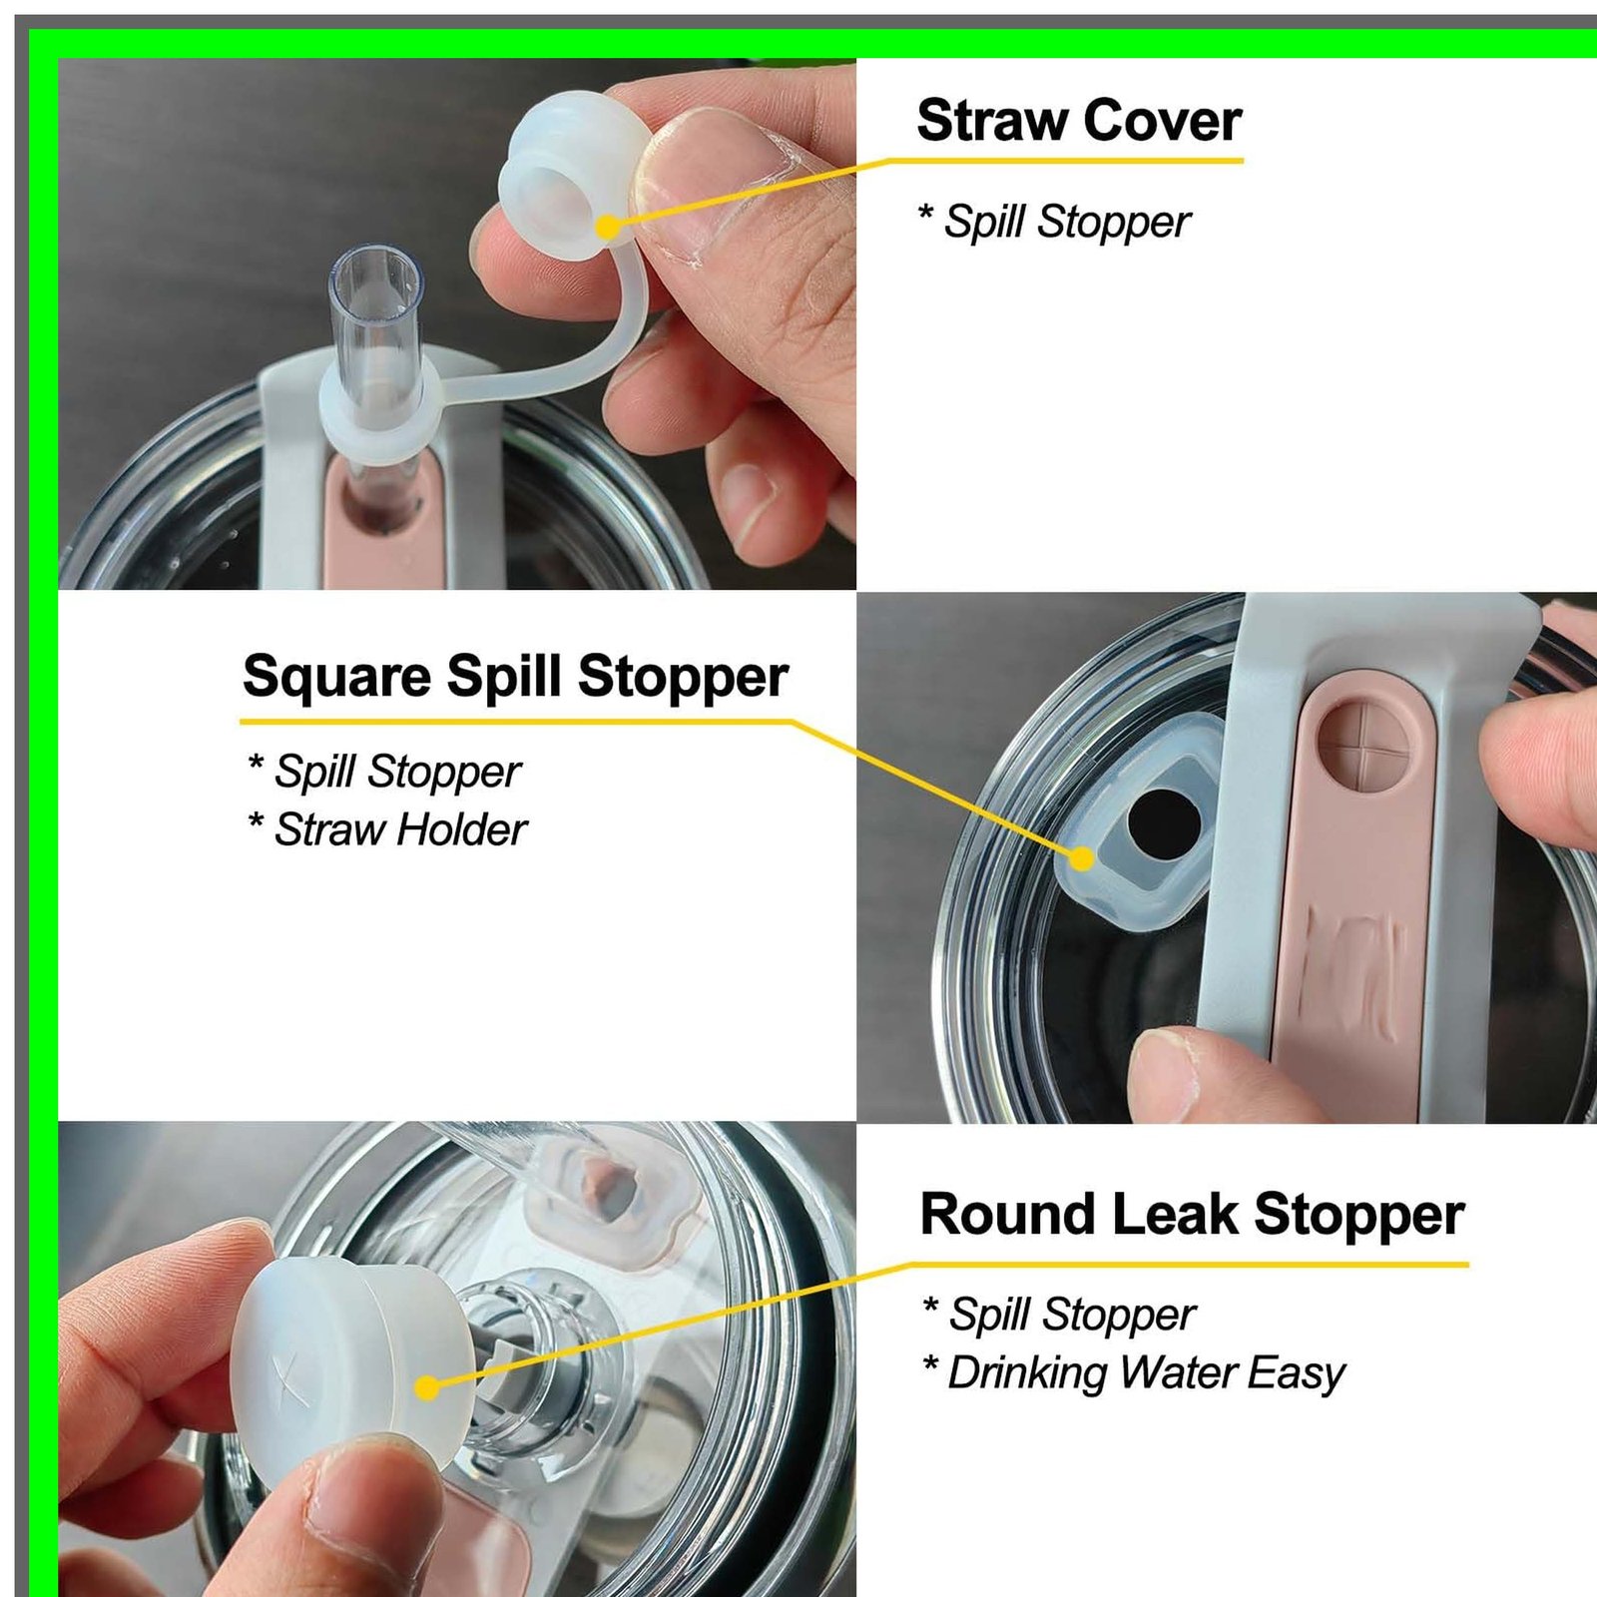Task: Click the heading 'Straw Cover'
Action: click(1079, 121)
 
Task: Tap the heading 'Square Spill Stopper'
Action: click(515, 677)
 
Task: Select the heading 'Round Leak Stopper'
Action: click(1192, 1215)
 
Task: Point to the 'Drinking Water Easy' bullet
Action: click(1134, 1373)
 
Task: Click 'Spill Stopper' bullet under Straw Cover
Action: click(1054, 222)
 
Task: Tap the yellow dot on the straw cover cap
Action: click(608, 227)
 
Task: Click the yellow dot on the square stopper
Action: click(1082, 858)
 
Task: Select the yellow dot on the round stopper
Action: click(427, 1387)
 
